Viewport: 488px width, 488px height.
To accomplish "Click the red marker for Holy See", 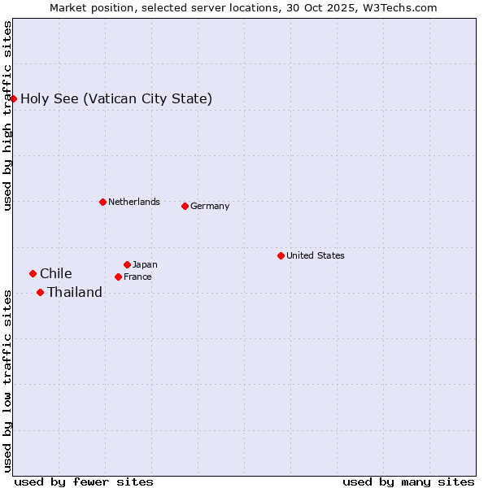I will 14,98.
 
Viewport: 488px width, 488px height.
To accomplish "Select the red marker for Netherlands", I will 102,202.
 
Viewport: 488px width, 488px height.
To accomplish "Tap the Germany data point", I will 185,206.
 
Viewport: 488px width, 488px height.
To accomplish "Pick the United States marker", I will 281,255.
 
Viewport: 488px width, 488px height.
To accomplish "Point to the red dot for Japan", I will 127,264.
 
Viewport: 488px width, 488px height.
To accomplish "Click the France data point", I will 118,277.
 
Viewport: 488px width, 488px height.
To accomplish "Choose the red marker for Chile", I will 33,273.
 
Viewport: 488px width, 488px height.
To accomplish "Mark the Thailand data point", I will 40,292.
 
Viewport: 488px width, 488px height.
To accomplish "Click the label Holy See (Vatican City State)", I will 116,99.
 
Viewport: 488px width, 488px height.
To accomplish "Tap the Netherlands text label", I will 134,202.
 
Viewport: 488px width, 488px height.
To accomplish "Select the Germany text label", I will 210,206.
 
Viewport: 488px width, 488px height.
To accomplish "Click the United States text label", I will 316,255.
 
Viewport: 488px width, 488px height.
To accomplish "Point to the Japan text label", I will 145,264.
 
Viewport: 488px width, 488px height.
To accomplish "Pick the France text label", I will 137,277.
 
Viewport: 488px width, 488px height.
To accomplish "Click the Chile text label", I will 56,273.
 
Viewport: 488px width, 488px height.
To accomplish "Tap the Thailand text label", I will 75,292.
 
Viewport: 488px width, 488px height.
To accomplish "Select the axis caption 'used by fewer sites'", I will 84,481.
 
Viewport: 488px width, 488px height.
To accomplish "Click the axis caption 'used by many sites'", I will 408,481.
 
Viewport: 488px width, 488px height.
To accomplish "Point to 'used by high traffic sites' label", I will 7,115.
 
